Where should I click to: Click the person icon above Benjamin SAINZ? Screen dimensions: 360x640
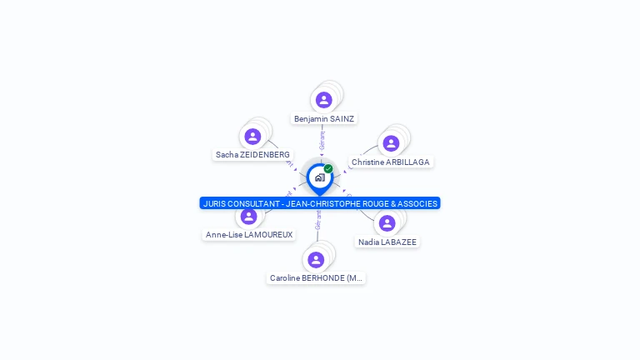click(323, 100)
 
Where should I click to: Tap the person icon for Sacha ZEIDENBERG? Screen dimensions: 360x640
click(252, 136)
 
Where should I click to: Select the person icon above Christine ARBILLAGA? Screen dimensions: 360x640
click(391, 143)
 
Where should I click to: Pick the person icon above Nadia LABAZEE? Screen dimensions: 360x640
click(387, 223)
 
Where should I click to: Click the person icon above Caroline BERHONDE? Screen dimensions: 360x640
click(316, 259)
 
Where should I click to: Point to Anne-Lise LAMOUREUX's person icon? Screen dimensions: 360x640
click(248, 217)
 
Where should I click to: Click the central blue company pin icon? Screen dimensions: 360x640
click(319, 177)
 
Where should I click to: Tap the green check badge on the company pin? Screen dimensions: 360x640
click(328, 168)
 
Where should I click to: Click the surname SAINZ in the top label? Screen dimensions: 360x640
click(342, 119)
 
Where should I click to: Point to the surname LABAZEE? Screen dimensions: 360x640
click(399, 242)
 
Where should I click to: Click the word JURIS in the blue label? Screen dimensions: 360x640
click(215, 203)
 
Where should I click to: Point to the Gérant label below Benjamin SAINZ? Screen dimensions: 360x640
click(322, 139)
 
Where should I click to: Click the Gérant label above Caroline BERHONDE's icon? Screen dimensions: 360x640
click(317, 220)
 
